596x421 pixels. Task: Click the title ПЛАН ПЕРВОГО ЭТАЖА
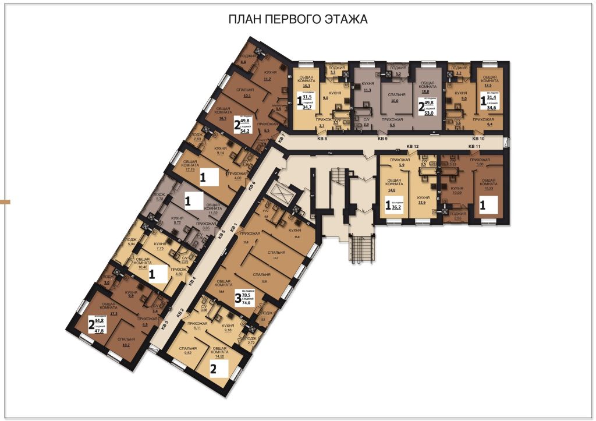[x=297, y=20]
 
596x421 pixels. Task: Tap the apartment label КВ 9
[x=382, y=139]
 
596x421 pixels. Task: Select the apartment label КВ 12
[x=412, y=146]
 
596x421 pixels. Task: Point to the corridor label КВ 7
[x=282, y=139]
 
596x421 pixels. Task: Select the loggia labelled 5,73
[x=159, y=197]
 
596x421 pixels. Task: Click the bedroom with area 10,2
[x=126, y=342]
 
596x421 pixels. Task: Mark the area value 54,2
[x=244, y=132]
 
